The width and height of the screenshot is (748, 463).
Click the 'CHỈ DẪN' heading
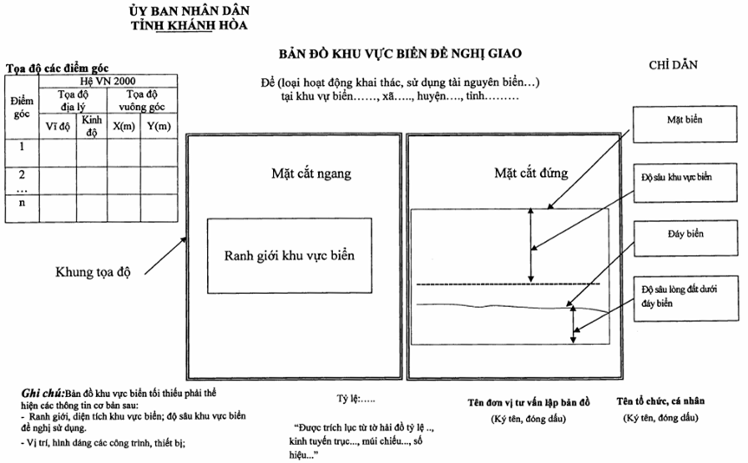673,65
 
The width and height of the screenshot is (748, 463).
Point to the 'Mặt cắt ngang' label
311,173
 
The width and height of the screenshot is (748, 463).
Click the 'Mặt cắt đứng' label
531,173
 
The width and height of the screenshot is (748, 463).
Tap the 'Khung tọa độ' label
93,272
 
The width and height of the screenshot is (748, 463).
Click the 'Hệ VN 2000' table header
107,81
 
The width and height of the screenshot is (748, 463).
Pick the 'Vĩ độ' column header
58,127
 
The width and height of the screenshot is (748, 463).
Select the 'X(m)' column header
124,126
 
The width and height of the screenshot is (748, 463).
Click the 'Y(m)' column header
159,126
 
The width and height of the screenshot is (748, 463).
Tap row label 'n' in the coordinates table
22,203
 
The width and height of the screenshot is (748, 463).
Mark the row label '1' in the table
22,147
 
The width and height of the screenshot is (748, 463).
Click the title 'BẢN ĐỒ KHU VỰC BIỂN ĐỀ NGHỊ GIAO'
400,54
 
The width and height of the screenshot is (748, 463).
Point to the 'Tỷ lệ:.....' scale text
356,399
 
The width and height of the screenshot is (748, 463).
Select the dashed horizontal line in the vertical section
508,284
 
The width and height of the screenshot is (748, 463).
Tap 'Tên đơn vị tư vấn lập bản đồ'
529,402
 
